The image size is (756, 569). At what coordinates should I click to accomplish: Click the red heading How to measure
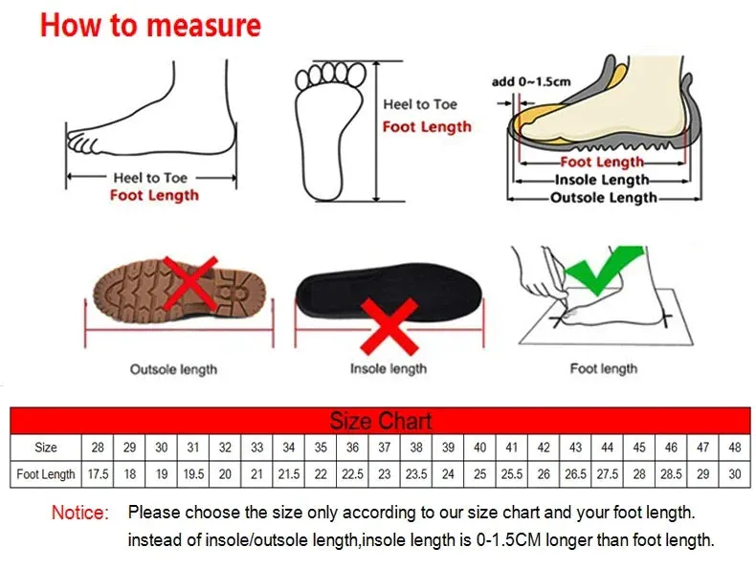coord(150,25)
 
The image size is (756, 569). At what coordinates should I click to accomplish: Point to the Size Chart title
coord(380,421)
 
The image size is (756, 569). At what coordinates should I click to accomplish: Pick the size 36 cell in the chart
coord(352,447)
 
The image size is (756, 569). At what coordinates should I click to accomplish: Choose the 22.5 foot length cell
coord(352,474)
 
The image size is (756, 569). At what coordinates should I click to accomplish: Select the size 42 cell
coord(544,447)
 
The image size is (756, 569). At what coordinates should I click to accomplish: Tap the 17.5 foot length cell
coord(98,474)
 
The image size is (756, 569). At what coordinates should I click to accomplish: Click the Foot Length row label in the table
coord(46,474)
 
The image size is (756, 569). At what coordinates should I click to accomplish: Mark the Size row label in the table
coord(46,447)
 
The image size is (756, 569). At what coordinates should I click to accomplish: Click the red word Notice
coord(80,514)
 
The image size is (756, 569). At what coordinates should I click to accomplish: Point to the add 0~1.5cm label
coord(531,81)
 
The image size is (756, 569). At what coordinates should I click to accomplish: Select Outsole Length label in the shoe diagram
coord(603,198)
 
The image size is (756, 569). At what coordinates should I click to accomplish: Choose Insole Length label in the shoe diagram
coord(603,180)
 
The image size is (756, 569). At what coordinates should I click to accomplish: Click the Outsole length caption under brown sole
coord(173,368)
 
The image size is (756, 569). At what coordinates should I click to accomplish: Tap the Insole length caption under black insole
coord(388,368)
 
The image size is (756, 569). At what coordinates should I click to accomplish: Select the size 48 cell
coord(735,447)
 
